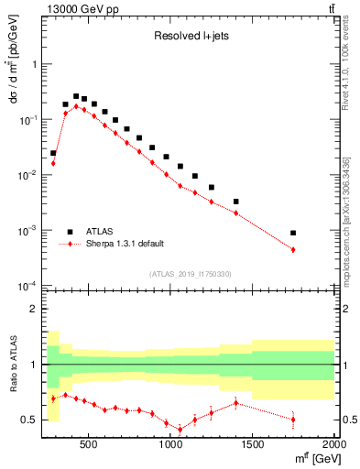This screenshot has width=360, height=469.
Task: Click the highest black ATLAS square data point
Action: (76, 95)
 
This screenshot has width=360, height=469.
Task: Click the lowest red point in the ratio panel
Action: (180, 429)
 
